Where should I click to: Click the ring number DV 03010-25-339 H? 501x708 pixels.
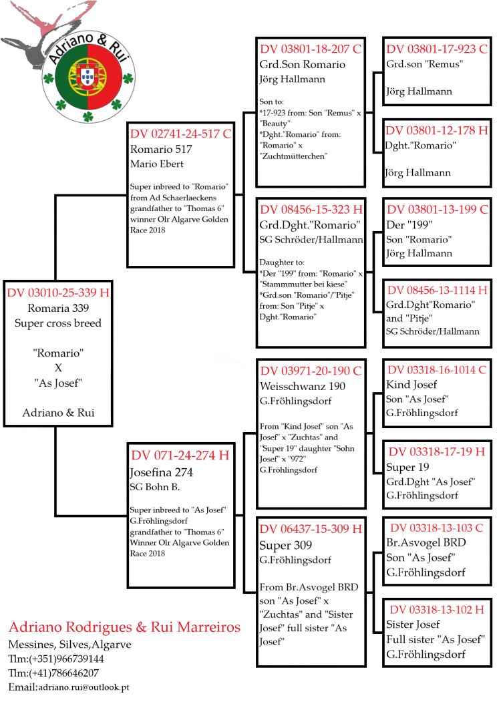57,293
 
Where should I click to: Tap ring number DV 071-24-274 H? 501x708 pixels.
180,456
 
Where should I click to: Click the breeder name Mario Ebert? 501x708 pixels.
158,164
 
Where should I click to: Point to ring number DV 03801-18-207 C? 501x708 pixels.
311,49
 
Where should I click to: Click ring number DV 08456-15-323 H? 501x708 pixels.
311,209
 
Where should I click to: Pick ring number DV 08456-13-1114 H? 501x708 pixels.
438,291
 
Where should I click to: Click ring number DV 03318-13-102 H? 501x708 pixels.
438,609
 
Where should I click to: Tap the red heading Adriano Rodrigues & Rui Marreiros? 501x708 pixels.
124,627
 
